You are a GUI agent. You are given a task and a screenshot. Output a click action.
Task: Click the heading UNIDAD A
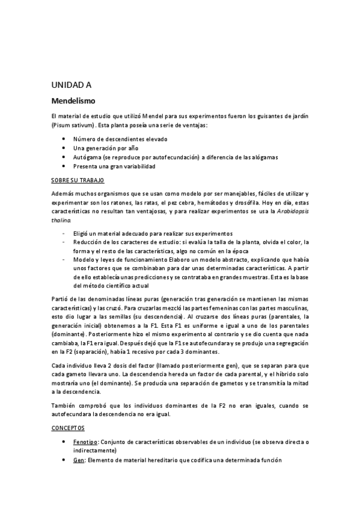coord(72,85)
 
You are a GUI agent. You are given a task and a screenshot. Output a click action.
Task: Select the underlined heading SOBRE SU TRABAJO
coord(78,180)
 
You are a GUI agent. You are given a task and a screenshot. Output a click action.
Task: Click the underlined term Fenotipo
coord(86,442)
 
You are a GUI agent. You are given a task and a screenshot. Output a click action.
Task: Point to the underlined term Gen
coord(79,460)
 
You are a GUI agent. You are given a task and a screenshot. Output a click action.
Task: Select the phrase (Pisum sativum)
coord(73,125)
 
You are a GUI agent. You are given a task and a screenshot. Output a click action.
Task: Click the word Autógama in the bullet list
coord(87,156)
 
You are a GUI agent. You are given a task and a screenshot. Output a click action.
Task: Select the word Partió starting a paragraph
coord(61,298)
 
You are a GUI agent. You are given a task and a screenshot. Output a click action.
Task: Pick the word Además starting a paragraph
coord(63,194)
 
